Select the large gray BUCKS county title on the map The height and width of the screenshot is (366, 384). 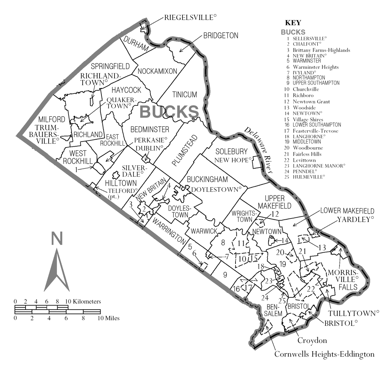tap(169, 111)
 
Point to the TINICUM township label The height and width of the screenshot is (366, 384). tap(185, 94)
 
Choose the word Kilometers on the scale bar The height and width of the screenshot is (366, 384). tap(87, 301)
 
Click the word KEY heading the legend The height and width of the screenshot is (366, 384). tap(293, 23)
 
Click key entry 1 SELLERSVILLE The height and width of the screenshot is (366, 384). tap(310, 38)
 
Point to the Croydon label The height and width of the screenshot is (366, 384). tap(312, 340)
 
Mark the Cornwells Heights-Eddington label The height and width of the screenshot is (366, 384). tap(324, 354)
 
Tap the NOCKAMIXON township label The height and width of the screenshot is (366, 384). tap(157, 71)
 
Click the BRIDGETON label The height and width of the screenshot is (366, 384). tap(221, 36)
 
